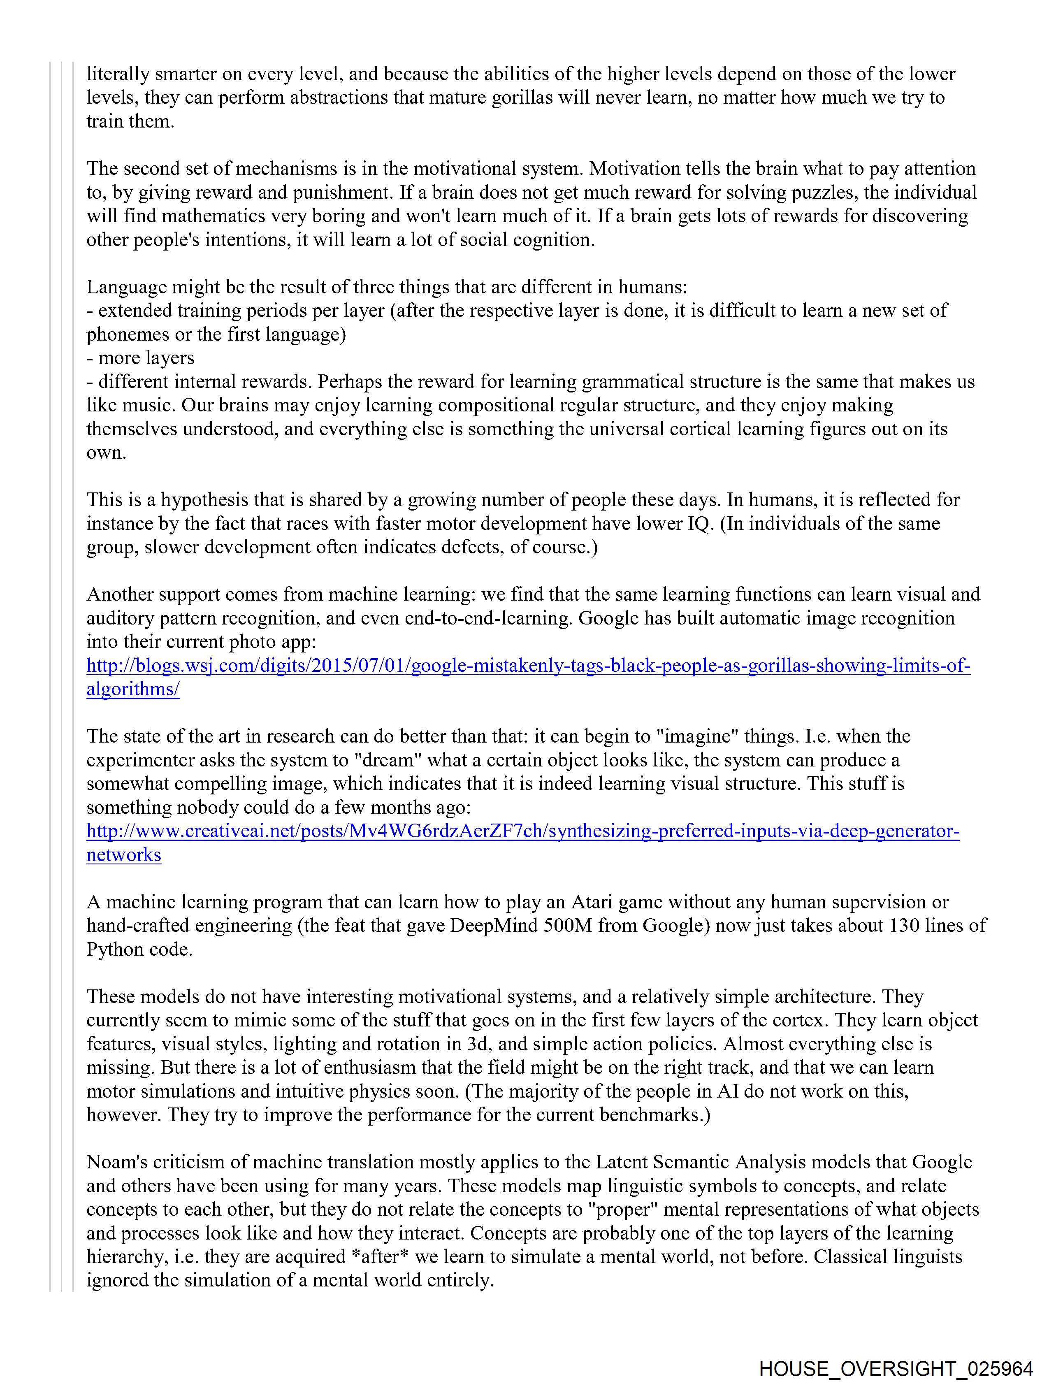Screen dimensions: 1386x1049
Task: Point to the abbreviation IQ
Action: [x=694, y=523]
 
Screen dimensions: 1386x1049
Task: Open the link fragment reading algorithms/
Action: [x=133, y=689]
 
